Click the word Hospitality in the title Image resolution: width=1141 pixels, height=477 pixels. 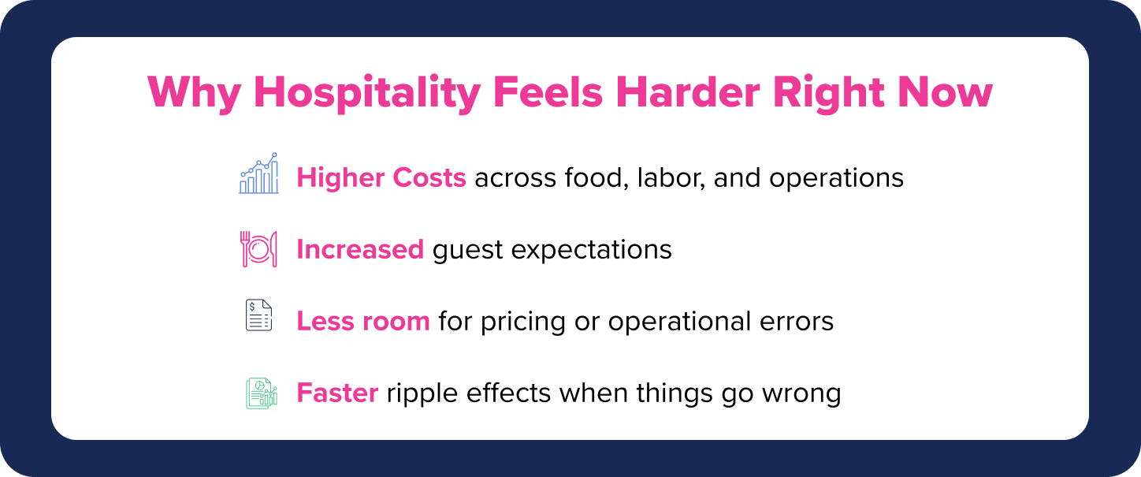pyautogui.click(x=366, y=93)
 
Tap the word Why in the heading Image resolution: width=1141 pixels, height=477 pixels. pyautogui.click(x=194, y=93)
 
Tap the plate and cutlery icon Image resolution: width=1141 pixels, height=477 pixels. pyautogui.click(x=258, y=249)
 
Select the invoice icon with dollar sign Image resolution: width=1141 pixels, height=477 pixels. pyautogui.click(x=258, y=315)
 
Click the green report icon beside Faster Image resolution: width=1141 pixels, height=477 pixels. pyautogui.click(x=261, y=393)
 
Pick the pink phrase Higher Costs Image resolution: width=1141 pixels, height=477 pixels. pyautogui.click(x=381, y=178)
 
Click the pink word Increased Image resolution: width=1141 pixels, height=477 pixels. pyautogui.click(x=360, y=249)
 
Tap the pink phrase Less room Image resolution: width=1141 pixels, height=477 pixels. pyautogui.click(x=363, y=321)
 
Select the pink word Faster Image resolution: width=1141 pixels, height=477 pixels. pyautogui.click(x=337, y=393)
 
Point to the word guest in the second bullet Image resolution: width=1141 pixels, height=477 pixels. pyautogui.click(x=467, y=251)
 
